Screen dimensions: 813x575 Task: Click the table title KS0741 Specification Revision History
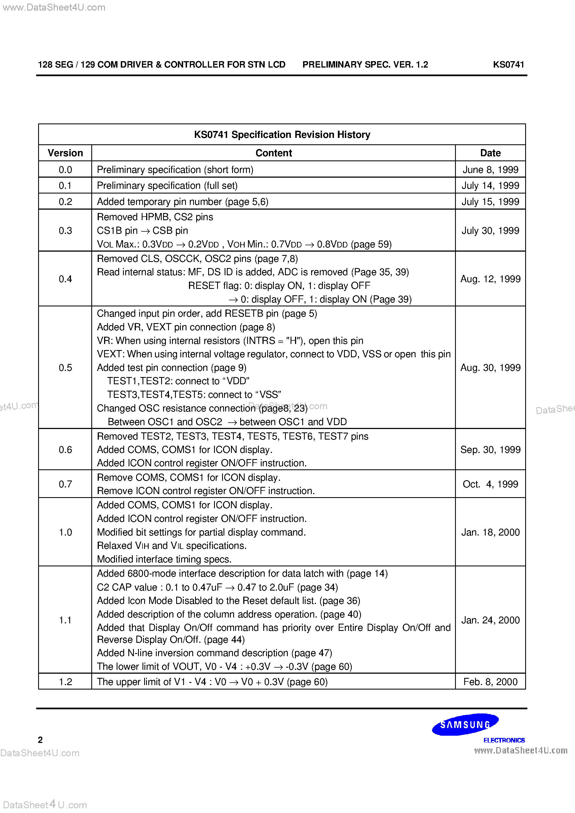click(x=282, y=135)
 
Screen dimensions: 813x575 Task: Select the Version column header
click(x=65, y=153)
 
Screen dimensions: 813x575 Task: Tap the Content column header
click(x=273, y=153)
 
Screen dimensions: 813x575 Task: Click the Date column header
click(x=490, y=153)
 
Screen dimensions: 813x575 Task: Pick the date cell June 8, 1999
click(x=490, y=170)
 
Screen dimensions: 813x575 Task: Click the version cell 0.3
click(x=65, y=230)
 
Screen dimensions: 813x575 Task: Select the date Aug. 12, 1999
click(x=490, y=279)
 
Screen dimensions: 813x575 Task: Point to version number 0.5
click(x=65, y=368)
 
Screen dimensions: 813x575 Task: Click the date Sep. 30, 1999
click(x=490, y=450)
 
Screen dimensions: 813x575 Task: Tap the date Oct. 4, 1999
click(x=490, y=484)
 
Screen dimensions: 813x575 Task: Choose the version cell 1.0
click(x=65, y=532)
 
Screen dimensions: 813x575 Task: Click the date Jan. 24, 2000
click(x=490, y=620)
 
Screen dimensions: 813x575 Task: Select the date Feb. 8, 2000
click(x=490, y=682)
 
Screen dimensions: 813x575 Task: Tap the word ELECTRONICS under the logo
click(x=504, y=740)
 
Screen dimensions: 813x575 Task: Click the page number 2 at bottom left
click(x=40, y=740)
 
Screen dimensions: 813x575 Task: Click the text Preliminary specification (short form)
click(x=175, y=170)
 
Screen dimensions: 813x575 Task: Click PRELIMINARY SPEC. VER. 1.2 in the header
click(x=365, y=65)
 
